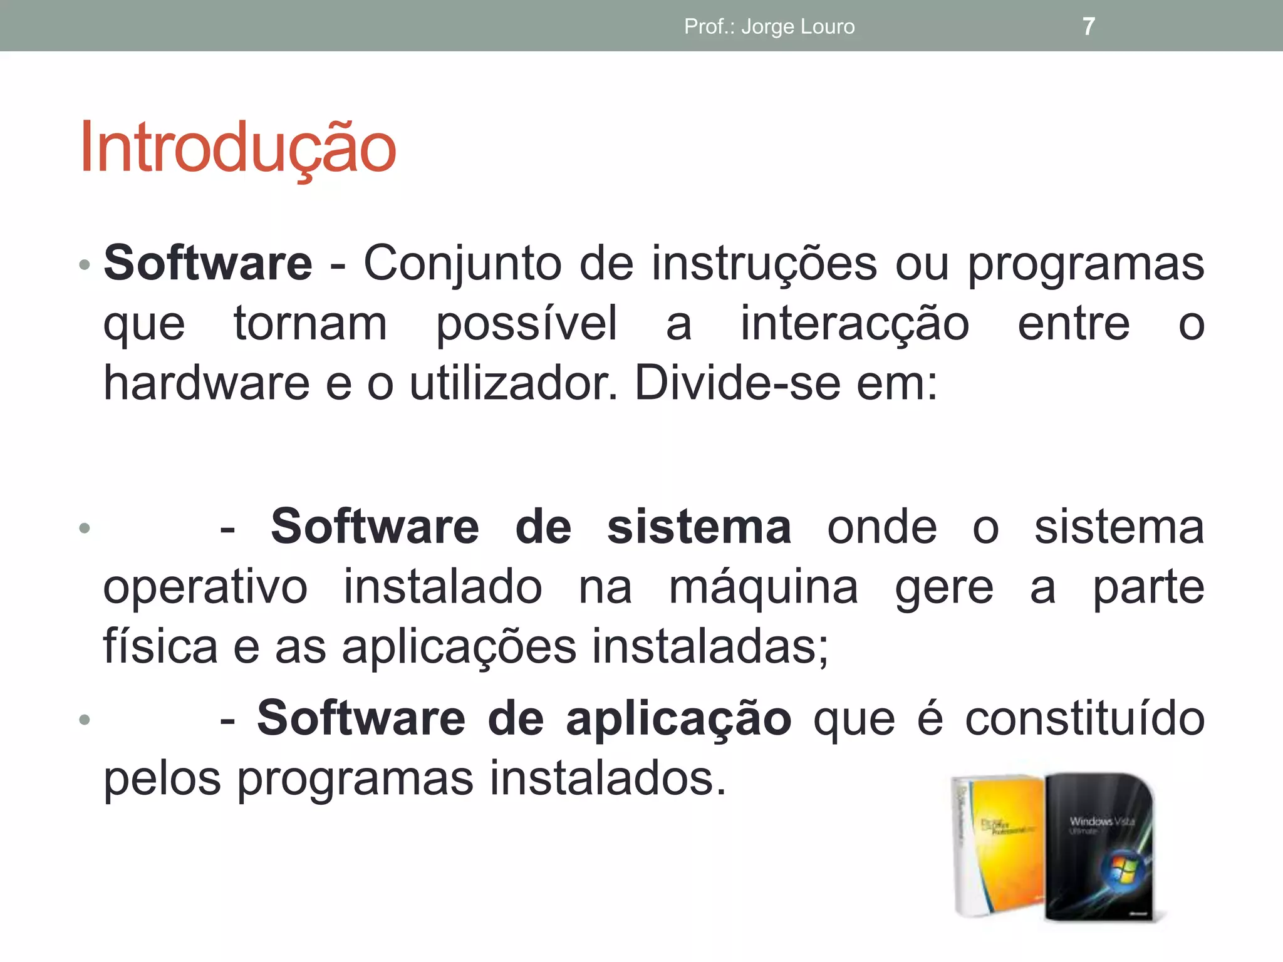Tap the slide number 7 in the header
click(1089, 26)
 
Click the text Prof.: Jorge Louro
click(769, 26)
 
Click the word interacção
click(854, 324)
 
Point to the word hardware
click(206, 383)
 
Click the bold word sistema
click(699, 527)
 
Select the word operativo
click(205, 589)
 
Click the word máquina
click(763, 589)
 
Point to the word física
click(160, 646)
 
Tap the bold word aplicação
click(678, 719)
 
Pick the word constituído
click(1084, 719)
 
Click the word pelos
click(162, 779)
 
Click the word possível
click(526, 324)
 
